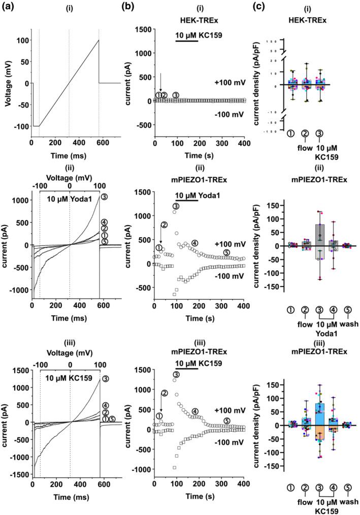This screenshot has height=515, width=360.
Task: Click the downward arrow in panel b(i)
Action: click(160, 81)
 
